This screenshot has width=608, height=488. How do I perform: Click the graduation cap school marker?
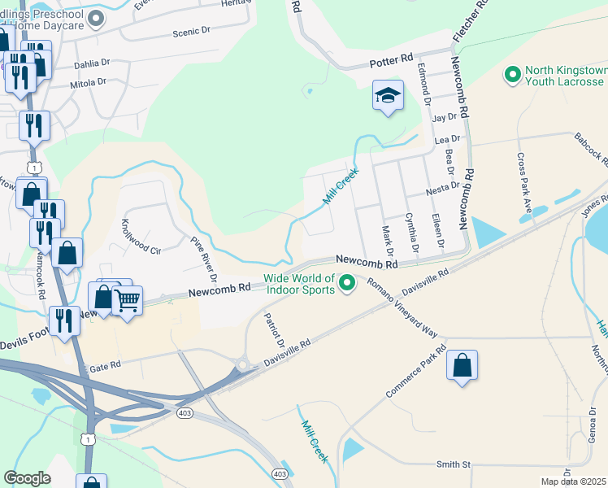click(x=388, y=95)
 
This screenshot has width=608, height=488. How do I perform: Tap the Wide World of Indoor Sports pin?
click(x=348, y=283)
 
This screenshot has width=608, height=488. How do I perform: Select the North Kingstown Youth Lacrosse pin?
click(x=513, y=76)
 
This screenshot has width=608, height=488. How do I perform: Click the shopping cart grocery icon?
click(x=127, y=302)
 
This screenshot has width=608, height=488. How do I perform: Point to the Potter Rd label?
click(x=391, y=62)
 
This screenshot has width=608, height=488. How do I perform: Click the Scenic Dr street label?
click(x=191, y=33)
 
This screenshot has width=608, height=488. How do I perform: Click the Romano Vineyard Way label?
click(x=402, y=307)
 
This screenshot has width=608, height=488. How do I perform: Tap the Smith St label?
click(x=454, y=464)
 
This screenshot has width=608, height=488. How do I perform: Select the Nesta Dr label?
click(x=444, y=192)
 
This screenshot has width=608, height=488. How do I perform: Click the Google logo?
click(x=28, y=478)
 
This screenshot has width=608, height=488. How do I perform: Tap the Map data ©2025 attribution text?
click(x=573, y=481)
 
